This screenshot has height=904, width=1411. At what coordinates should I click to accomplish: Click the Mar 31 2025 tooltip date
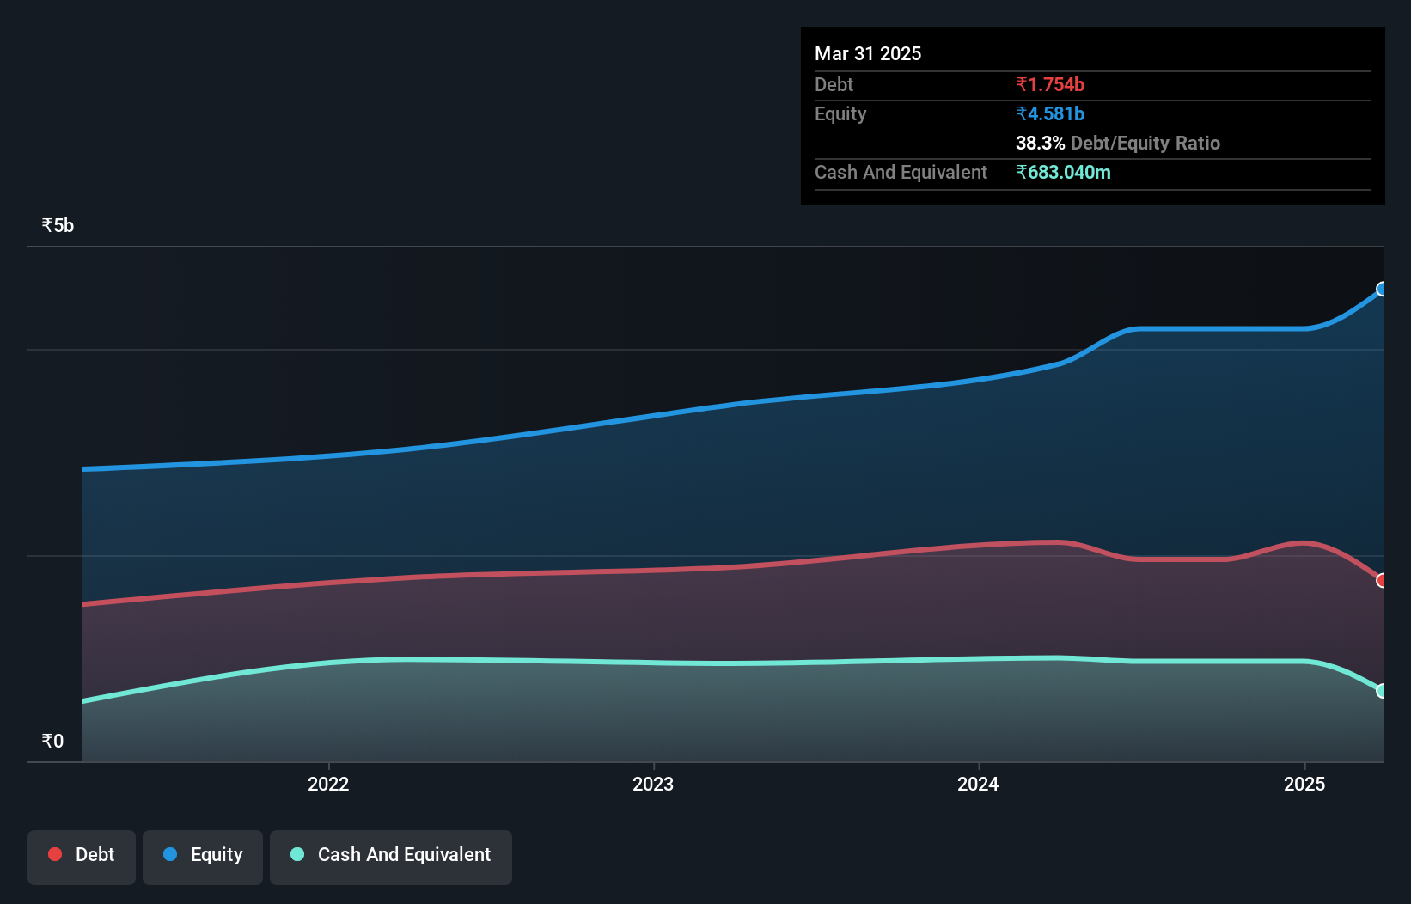point(867,53)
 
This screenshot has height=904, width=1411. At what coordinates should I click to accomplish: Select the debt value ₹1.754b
point(1049,84)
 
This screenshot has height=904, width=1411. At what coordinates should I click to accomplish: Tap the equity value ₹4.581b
point(1049,113)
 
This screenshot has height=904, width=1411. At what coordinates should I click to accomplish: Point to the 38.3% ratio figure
point(1040,143)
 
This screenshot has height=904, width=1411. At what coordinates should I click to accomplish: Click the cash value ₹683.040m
point(1063,172)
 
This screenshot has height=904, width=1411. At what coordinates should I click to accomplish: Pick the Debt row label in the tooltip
point(834,84)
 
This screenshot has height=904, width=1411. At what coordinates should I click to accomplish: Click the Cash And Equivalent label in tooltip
point(901,172)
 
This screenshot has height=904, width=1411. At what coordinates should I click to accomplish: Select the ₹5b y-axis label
point(58,225)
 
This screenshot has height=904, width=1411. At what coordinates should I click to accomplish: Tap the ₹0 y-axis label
point(52,741)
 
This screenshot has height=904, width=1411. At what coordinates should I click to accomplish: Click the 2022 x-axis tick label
point(328,784)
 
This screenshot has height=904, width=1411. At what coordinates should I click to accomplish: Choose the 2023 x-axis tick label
point(653,784)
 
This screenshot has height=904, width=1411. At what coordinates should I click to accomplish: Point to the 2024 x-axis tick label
point(978,784)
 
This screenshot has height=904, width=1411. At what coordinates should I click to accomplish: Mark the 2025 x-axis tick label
point(1304,784)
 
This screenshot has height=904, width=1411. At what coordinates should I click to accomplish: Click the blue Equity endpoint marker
point(1382,289)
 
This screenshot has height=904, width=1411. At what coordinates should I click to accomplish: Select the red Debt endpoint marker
point(1382,581)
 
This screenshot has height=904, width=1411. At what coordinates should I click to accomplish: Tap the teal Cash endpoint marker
point(1382,691)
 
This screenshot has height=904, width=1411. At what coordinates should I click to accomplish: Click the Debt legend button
point(82,856)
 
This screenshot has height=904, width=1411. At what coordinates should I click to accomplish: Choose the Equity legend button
point(203,856)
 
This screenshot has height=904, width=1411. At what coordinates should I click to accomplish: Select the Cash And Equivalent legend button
point(391,856)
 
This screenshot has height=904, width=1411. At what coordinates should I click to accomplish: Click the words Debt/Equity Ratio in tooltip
point(1145,143)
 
